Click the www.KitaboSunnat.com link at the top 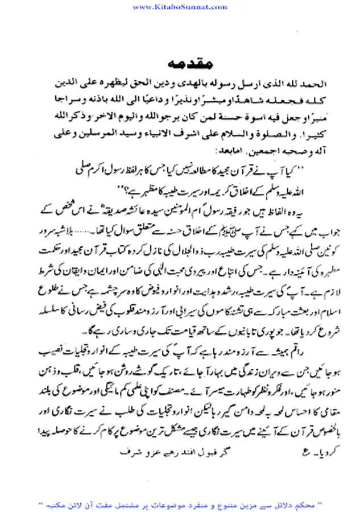point(180,7)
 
